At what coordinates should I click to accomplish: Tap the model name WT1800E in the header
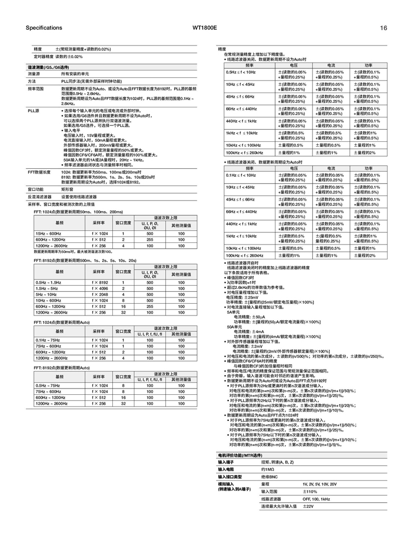(x=206, y=28)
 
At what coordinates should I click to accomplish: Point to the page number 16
(x=383, y=28)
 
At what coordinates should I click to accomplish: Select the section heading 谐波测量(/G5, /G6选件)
(x=49, y=68)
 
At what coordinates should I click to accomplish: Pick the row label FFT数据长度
(x=39, y=172)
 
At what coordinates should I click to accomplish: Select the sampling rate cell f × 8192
(x=100, y=282)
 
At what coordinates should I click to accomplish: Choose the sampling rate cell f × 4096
(x=100, y=288)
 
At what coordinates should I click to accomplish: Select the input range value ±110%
(x=310, y=492)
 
